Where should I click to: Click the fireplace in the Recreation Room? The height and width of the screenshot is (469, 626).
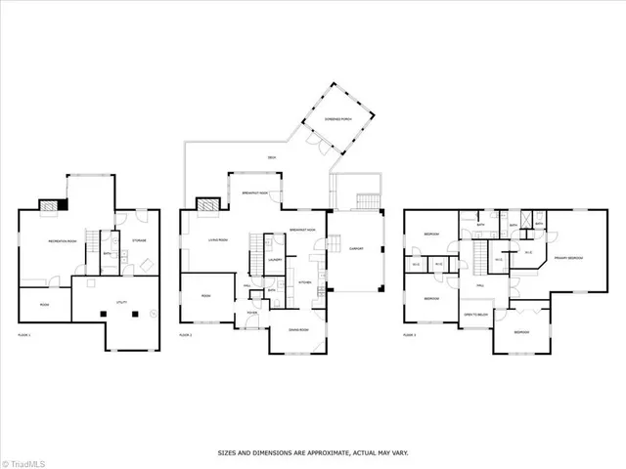coord(52,205)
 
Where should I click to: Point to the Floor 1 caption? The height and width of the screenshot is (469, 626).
coord(23,335)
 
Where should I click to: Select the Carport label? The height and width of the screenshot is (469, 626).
coord(355,249)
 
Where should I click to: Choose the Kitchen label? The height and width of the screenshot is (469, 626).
coord(304,282)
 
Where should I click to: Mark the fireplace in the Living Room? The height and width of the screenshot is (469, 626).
coord(207,205)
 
